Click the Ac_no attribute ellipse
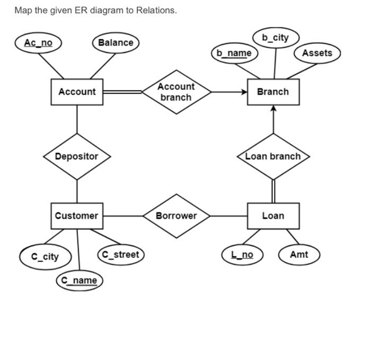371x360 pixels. (38, 42)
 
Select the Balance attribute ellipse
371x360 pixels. (116, 42)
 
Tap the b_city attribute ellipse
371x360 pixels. (275, 38)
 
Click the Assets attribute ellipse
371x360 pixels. (317, 53)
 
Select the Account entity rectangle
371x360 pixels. (77, 92)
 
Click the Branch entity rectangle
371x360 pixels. (273, 92)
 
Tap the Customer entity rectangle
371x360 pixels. (77, 216)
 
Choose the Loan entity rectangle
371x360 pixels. (273, 216)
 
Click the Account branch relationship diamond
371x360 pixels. (176, 92)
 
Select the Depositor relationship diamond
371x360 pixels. (77, 157)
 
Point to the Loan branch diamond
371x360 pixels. (273, 157)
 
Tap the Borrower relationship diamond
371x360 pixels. (176, 216)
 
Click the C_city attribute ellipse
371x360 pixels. (45, 257)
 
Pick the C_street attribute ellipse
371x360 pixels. (120, 255)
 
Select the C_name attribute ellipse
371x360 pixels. (79, 280)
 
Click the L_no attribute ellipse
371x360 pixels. (242, 255)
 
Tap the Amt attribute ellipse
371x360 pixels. (299, 255)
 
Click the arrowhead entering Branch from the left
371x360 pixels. (244, 92)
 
